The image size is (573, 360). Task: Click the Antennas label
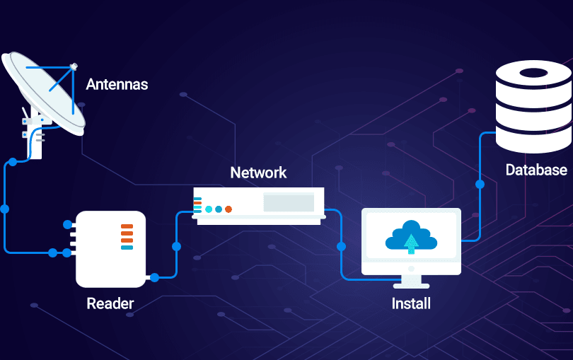pyautogui.click(x=117, y=85)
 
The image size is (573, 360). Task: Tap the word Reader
pyautogui.click(x=110, y=304)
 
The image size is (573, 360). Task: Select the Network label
pyautogui.click(x=258, y=173)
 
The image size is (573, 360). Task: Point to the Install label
pyautogui.click(x=411, y=304)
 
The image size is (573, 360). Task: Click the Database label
pyautogui.click(x=536, y=170)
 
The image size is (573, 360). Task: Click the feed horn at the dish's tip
pyautogui.click(x=73, y=66)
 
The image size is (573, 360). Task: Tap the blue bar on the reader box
pyautogui.click(x=127, y=248)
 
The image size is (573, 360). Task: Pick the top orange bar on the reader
pyautogui.click(x=127, y=227)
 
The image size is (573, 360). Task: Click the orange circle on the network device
pyautogui.click(x=228, y=209)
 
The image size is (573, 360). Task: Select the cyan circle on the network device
pyautogui.click(x=209, y=209)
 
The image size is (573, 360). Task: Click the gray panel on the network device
pyautogui.click(x=289, y=202)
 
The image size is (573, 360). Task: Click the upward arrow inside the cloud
pyautogui.click(x=411, y=243)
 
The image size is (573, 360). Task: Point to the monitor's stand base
pyautogui.click(x=411, y=284)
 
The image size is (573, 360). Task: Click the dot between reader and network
pyautogui.click(x=176, y=247)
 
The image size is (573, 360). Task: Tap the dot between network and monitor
pyautogui.click(x=341, y=247)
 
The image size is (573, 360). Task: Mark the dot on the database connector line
pyautogui.click(x=480, y=185)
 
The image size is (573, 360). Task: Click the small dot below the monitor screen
pyautogui.click(x=411, y=268)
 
